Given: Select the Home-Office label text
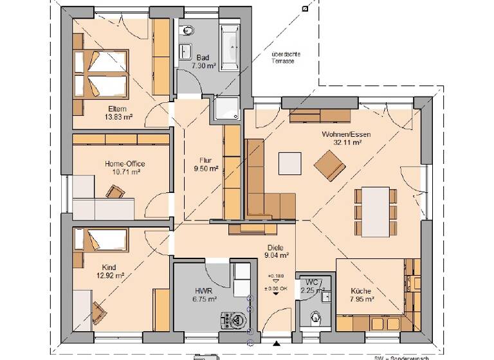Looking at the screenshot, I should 122,164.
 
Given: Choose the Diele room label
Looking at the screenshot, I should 276,247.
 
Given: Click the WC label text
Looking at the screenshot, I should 312,282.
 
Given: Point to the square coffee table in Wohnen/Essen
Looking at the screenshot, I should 289,163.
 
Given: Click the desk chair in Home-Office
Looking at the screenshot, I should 115,192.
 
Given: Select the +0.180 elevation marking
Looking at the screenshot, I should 275,276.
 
